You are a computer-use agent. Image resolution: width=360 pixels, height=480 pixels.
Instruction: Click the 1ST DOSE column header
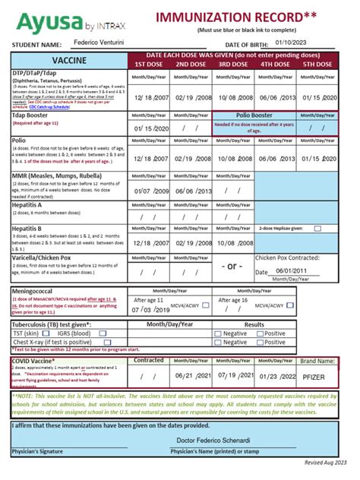(151, 65)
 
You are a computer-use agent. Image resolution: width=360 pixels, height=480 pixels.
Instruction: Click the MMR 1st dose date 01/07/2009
(151, 192)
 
